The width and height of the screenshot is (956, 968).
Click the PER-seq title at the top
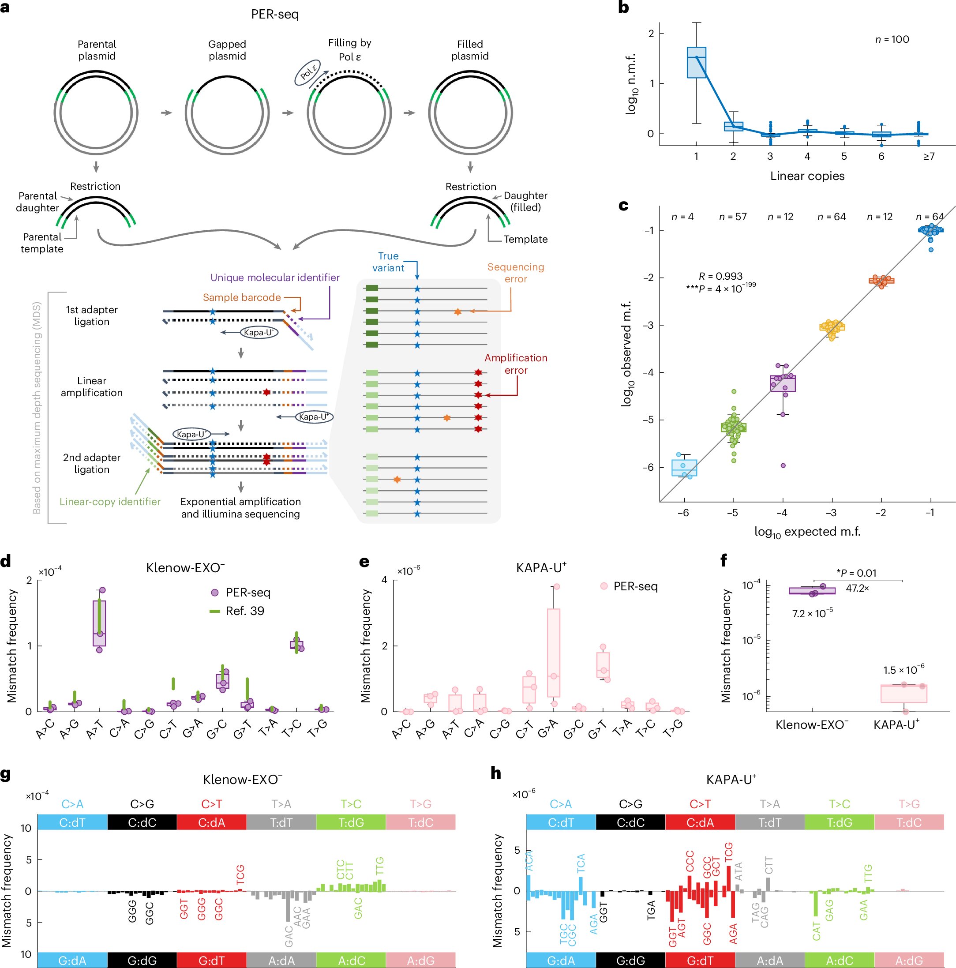pyautogui.click(x=274, y=14)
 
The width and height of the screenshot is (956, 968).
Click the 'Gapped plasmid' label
pyautogui.click(x=227, y=50)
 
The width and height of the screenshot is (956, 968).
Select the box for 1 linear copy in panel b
pyautogui.click(x=696, y=63)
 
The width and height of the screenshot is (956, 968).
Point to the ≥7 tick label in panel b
pyautogui.click(x=929, y=157)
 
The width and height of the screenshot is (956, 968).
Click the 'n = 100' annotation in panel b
pyautogui.click(x=892, y=39)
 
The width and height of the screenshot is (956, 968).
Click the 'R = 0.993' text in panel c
pyautogui.click(x=720, y=276)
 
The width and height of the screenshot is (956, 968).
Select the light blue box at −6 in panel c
pyautogui.click(x=684, y=468)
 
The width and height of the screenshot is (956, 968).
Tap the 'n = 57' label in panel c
pyautogui.click(x=732, y=217)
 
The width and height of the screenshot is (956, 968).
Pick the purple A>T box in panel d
pyautogui.click(x=99, y=623)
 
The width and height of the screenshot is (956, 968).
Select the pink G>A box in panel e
pyautogui.click(x=553, y=653)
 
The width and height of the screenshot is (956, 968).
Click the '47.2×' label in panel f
pyautogui.click(x=857, y=588)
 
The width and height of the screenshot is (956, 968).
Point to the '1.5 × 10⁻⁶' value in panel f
pyautogui.click(x=904, y=670)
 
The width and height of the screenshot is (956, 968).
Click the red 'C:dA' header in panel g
pyautogui.click(x=211, y=822)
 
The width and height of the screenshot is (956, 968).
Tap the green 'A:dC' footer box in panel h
pyautogui.click(x=839, y=960)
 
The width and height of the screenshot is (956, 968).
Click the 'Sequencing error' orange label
pyautogui.click(x=515, y=273)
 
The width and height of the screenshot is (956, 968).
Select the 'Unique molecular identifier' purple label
pyautogui.click(x=274, y=278)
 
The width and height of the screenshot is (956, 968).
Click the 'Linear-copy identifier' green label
pyautogui.click(x=110, y=502)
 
